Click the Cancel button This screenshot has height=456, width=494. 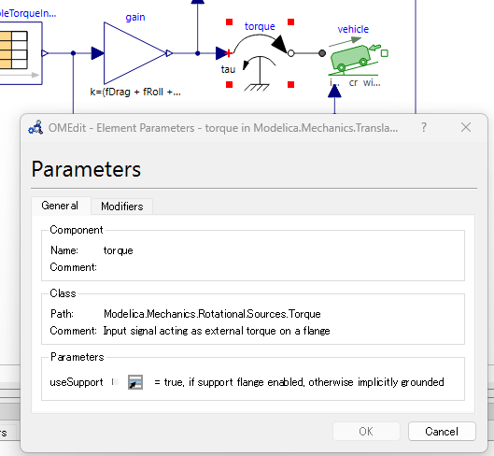pyautogui.click(x=442, y=431)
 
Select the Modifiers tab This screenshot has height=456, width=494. pyautogui.click(x=122, y=207)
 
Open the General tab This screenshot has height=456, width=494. pyautogui.click(x=60, y=206)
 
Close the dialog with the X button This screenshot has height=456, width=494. pyautogui.click(x=466, y=127)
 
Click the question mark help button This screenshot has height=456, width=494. pyautogui.click(x=424, y=127)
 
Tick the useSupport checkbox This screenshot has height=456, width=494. pyautogui.click(x=115, y=382)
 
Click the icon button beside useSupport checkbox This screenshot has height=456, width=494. pyautogui.click(x=135, y=382)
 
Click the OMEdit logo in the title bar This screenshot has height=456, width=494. pyautogui.click(x=35, y=127)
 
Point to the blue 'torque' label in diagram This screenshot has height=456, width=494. pyautogui.click(x=260, y=26)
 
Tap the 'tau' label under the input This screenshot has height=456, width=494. pyautogui.click(x=228, y=69)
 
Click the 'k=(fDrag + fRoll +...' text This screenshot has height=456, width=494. pyautogui.click(x=135, y=93)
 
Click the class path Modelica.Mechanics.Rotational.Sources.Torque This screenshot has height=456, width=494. pyautogui.click(x=212, y=314)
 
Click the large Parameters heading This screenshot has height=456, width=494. pyautogui.click(x=86, y=169)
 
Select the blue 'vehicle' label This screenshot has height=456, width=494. pyautogui.click(x=353, y=29)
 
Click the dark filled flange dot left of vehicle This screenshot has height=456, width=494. pyautogui.click(x=322, y=53)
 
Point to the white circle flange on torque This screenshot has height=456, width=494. pyautogui.click(x=291, y=53)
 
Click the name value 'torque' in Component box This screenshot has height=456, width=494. pyautogui.click(x=119, y=250)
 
